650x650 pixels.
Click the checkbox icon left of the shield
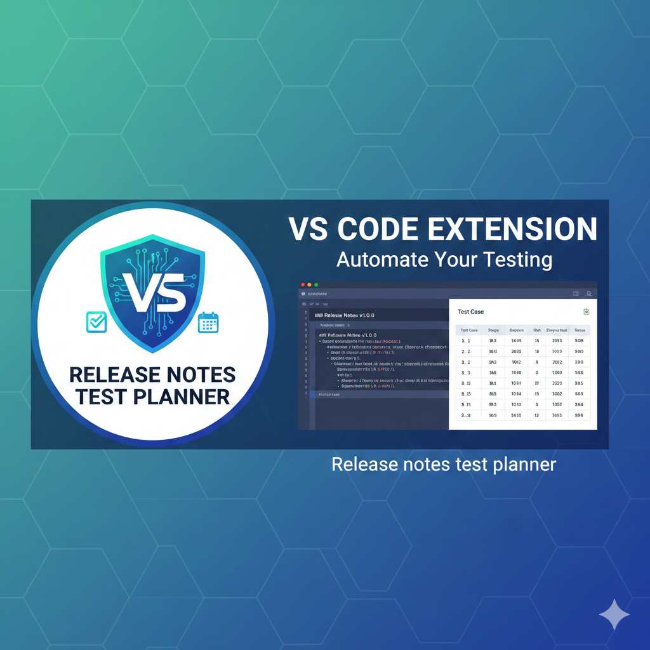point(96,322)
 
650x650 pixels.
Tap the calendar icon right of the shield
point(208,322)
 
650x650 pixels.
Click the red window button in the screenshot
point(303,285)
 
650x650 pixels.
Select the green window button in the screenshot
point(315,285)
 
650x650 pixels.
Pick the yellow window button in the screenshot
point(309,285)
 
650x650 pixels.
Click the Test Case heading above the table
point(470,312)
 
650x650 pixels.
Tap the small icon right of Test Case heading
point(586,311)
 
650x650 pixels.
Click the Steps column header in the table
point(493,330)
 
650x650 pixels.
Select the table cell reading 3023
point(515,351)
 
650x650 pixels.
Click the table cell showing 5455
point(515,415)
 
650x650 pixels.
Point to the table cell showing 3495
point(557,415)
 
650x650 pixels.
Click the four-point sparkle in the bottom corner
point(614,615)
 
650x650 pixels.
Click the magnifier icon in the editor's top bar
point(589,294)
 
